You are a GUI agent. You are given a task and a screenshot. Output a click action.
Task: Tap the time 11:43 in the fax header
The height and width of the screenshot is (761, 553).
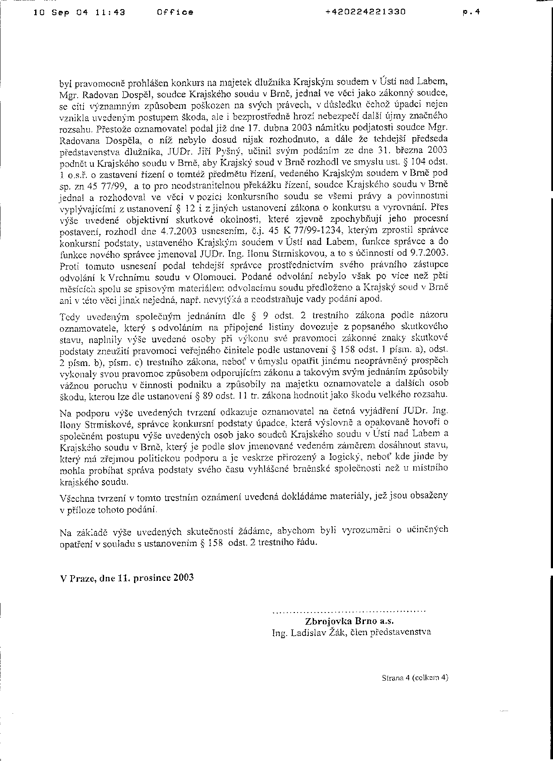pos(110,13)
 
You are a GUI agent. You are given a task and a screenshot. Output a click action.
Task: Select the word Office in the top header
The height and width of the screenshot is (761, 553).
pos(175,13)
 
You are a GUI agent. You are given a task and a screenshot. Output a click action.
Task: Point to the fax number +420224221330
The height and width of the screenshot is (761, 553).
pos(365,13)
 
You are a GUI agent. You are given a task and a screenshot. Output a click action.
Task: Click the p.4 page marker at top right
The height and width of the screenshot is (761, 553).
pos(471,13)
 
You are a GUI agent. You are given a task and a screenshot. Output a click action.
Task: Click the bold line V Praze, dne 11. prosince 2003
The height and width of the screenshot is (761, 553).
pos(127,578)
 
